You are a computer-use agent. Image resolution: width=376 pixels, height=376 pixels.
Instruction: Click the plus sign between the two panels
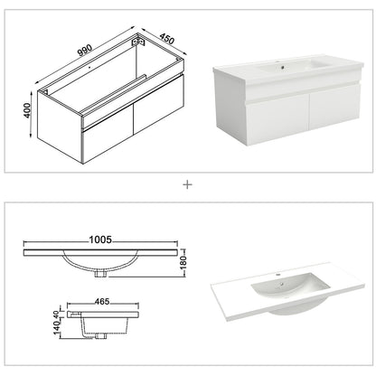coord(188,183)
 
